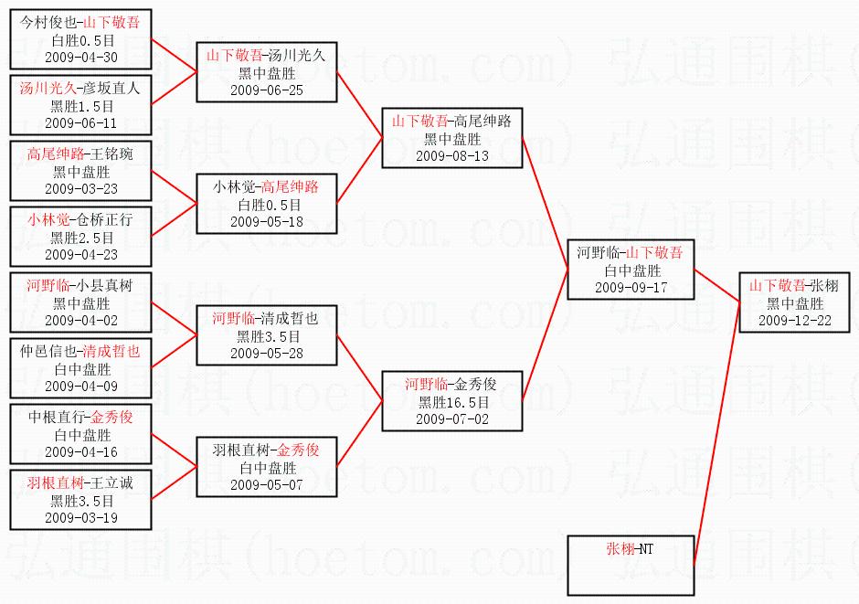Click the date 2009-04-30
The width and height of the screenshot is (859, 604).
[x=80, y=58]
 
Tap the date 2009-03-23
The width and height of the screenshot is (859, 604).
[x=80, y=187]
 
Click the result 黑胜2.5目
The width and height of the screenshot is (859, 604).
[x=80, y=237]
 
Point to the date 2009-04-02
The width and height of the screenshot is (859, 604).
[x=80, y=321]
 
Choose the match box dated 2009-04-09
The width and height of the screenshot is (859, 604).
[x=80, y=369]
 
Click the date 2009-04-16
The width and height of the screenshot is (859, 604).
[x=80, y=451]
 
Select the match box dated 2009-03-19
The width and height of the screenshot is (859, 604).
[x=80, y=500]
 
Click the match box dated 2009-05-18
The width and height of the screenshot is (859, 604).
[x=267, y=205]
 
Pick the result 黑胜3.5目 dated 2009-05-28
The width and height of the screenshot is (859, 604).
[x=267, y=336]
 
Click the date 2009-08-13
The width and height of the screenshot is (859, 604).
[x=452, y=155]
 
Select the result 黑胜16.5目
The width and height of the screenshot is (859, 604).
[x=452, y=402]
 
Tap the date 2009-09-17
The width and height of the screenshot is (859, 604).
[x=631, y=287]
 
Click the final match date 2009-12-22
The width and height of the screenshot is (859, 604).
[x=794, y=320]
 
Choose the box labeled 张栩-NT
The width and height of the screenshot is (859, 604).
[x=631, y=565]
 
